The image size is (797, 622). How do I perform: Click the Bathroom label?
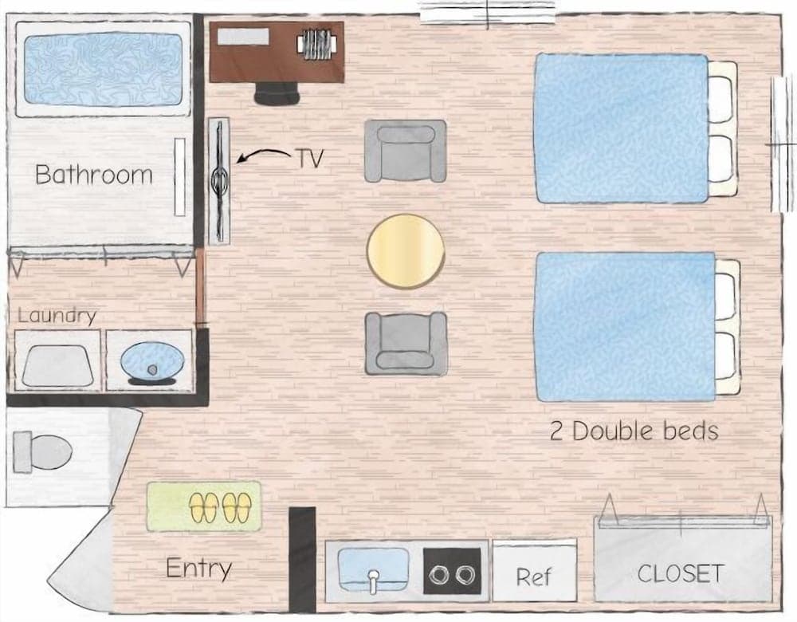click(94, 175)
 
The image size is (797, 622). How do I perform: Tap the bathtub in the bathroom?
click(103, 69)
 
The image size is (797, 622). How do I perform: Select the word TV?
click(310, 159)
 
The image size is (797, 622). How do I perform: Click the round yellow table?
click(406, 251)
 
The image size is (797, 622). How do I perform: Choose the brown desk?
click(277, 51)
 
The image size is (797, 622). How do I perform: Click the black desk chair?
click(277, 93)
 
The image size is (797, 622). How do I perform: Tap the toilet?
click(41, 451)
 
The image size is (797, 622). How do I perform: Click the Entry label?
click(198, 569)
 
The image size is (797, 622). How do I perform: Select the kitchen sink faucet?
click(374, 581)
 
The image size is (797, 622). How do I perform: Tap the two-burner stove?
click(452, 571)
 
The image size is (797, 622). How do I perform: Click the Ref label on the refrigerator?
click(533, 577)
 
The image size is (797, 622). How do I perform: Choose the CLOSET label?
click(680, 573)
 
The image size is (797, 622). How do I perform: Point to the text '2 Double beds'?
click(634, 431)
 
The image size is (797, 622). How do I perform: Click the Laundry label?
click(57, 316)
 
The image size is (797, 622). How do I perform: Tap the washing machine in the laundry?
click(57, 360)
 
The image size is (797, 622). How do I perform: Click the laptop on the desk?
click(243, 36)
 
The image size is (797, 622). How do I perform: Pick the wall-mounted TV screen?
click(220, 181)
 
